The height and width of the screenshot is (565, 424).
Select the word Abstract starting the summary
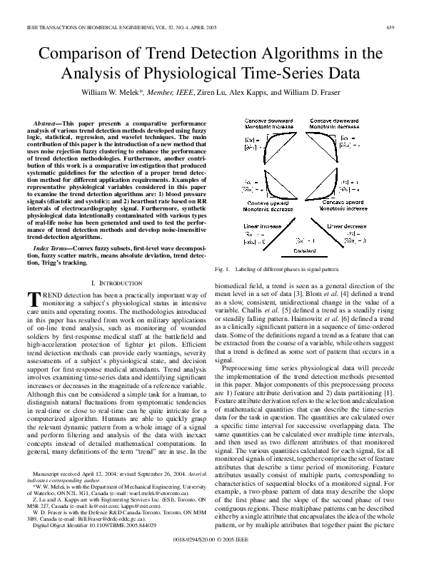(47, 124)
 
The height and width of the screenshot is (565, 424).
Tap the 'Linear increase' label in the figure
(262, 225)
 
